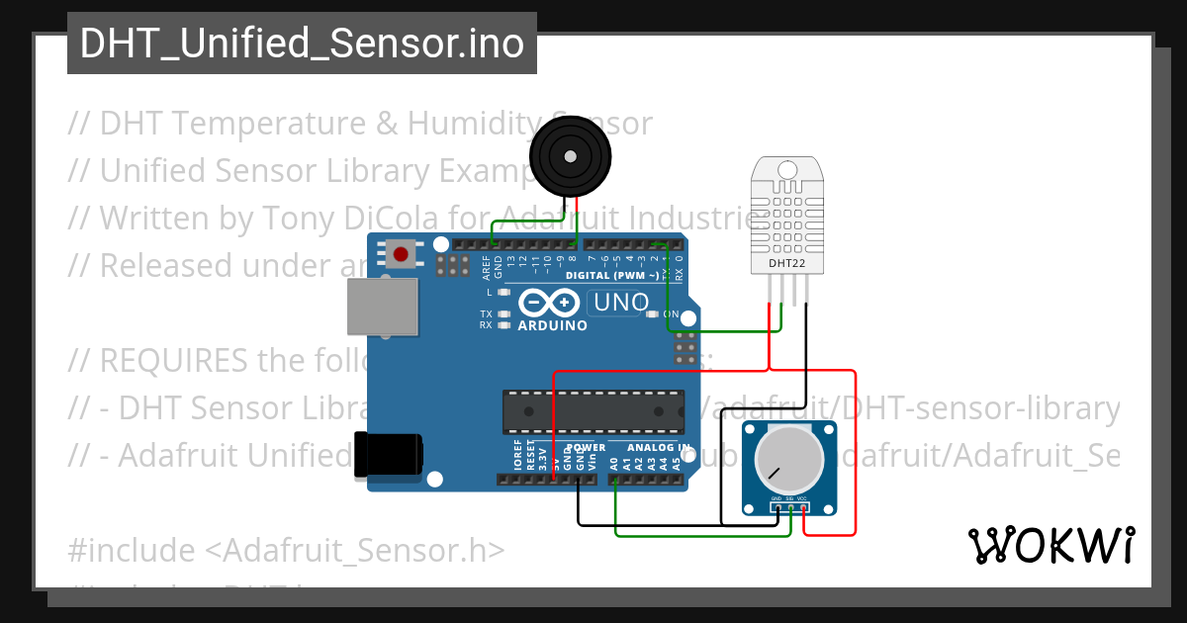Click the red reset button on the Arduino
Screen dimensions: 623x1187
401,255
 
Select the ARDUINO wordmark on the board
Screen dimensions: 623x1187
552,325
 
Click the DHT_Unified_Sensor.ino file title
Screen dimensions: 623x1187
302,44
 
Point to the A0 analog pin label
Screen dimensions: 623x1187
614,462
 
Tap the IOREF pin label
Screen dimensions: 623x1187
517,456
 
